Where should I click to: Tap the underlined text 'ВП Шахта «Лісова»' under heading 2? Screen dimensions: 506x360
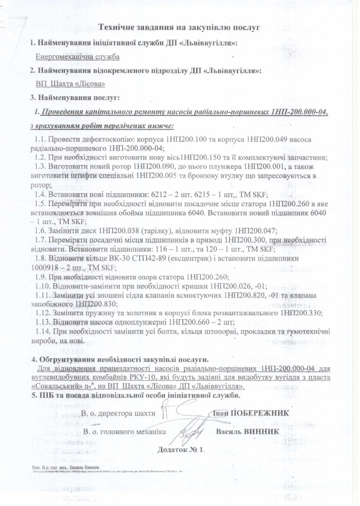(x=63, y=84)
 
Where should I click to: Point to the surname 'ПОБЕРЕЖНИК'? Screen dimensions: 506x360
(x=259, y=413)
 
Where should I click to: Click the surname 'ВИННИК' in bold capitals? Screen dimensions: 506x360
(x=260, y=431)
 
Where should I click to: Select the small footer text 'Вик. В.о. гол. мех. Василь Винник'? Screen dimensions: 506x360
(x=63, y=467)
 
